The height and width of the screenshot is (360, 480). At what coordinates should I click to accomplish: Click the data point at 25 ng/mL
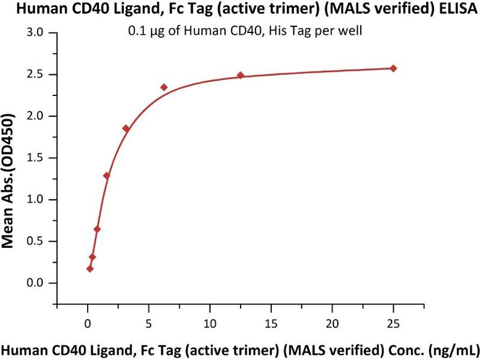click(x=393, y=68)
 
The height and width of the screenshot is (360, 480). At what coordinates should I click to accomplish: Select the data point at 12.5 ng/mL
click(x=240, y=76)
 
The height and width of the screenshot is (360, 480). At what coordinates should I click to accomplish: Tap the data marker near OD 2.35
click(x=164, y=88)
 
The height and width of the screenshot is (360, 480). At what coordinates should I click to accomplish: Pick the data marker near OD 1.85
click(x=126, y=128)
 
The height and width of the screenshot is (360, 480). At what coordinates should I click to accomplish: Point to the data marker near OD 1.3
click(x=107, y=176)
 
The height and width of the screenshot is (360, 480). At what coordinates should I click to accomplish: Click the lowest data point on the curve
click(x=90, y=269)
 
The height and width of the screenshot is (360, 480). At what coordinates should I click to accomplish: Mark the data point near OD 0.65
click(x=97, y=229)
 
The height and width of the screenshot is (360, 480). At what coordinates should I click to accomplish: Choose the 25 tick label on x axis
click(x=393, y=323)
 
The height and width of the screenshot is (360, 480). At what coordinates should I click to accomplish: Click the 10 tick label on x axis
click(x=209, y=323)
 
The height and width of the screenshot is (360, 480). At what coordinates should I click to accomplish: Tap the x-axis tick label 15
click(x=271, y=323)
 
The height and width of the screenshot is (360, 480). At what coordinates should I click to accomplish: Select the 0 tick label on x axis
click(x=88, y=323)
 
